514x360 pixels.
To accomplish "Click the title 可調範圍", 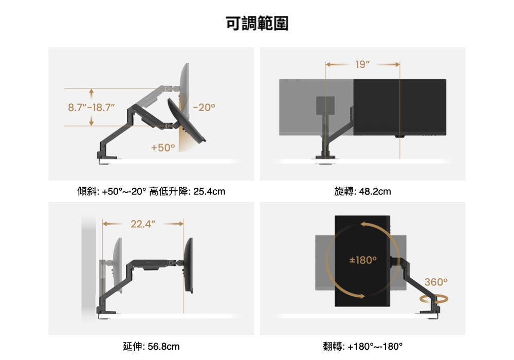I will click(x=257, y=24).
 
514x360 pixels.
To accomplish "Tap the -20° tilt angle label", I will click(x=205, y=108).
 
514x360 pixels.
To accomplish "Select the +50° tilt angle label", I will click(x=163, y=148).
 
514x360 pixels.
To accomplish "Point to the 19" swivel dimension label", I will click(x=362, y=64).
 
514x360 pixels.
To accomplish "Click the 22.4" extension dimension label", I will click(x=143, y=224).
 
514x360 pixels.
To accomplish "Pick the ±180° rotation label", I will click(x=363, y=260).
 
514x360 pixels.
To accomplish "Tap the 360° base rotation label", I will click(x=436, y=282).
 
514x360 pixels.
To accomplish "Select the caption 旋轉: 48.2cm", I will click(x=362, y=192).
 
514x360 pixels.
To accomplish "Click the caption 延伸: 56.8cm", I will click(x=151, y=346).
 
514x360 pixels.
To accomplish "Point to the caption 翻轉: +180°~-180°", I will click(x=362, y=346).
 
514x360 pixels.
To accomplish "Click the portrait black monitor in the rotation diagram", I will click(x=362, y=261).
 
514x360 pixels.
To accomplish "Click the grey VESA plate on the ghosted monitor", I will click(x=324, y=105).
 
